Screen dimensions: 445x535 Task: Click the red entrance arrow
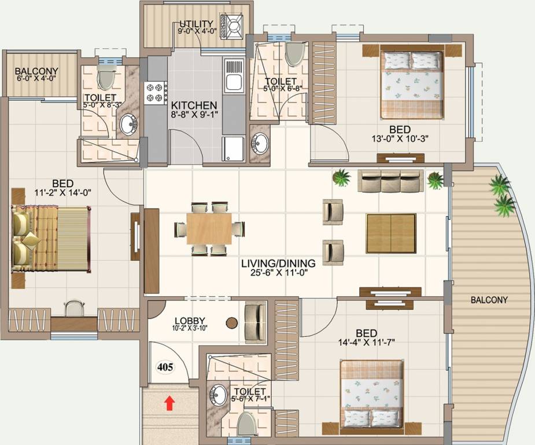(169, 402)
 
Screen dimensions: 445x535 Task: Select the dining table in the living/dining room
(209, 228)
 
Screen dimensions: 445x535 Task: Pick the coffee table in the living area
(390, 233)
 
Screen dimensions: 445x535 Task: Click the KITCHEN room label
(194, 105)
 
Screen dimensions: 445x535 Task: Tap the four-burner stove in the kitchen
(156, 93)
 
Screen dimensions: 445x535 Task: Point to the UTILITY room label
(196, 24)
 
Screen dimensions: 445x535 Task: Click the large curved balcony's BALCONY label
(489, 300)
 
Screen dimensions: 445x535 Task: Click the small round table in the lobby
(231, 322)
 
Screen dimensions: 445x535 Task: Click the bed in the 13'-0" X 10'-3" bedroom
(411, 84)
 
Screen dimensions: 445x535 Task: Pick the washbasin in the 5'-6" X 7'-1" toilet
(219, 396)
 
